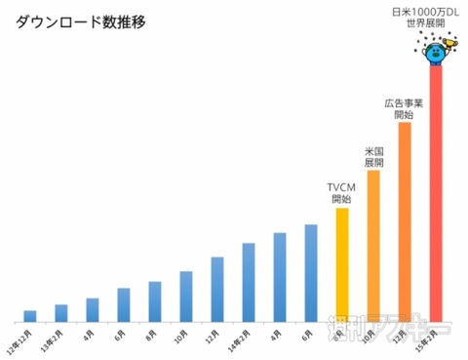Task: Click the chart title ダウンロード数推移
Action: point(81,22)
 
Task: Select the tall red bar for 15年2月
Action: point(436,195)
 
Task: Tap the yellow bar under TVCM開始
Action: point(341,263)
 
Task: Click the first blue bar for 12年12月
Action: point(30,315)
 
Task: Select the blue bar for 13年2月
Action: point(61,312)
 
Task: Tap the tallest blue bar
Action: point(311,272)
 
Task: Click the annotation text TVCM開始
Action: point(341,192)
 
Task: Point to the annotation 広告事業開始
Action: point(404,108)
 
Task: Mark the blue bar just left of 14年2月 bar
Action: point(217,289)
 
